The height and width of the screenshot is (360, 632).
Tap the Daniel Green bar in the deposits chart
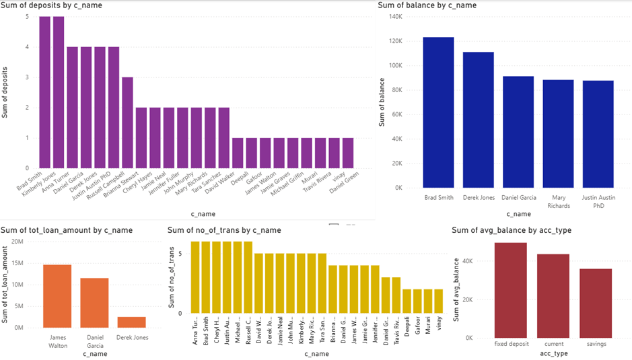tap(347, 153)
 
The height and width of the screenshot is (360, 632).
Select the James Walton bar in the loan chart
tap(57, 295)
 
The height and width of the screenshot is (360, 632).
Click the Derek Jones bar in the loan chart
tap(132, 322)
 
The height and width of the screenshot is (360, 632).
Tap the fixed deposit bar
tap(510, 290)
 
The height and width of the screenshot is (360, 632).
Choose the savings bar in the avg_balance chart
tap(596, 303)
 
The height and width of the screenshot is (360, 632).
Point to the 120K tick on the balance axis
tap(395, 41)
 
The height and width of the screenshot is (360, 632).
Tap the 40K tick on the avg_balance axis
tap(468, 261)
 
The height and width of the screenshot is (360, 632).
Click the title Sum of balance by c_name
tap(427, 5)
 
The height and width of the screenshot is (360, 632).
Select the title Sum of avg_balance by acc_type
tap(512, 230)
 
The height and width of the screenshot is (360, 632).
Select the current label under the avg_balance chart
tap(553, 343)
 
